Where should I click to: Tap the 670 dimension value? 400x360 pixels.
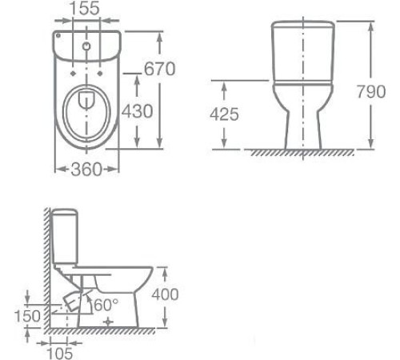[x=159, y=70]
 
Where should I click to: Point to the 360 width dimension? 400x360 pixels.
[x=86, y=169]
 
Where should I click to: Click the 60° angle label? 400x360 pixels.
[x=106, y=305]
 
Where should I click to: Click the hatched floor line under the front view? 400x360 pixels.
[x=304, y=153]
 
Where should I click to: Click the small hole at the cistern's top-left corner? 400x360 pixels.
[x=60, y=38]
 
